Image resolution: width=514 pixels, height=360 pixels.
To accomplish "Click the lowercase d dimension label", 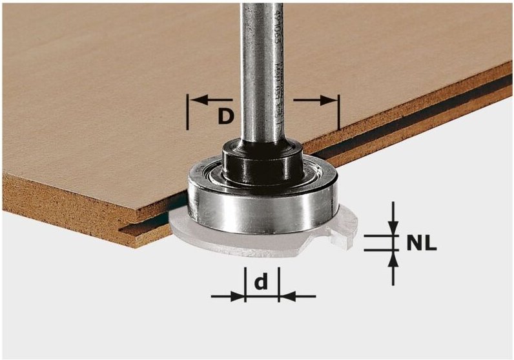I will [261, 282].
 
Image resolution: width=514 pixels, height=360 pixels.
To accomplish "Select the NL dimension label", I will [422, 245].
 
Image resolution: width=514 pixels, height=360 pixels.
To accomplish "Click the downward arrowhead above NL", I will [392, 230].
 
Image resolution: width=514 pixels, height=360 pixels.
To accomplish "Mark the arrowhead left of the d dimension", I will [238, 296].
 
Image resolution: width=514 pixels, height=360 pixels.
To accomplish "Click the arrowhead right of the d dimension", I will [285, 296].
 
